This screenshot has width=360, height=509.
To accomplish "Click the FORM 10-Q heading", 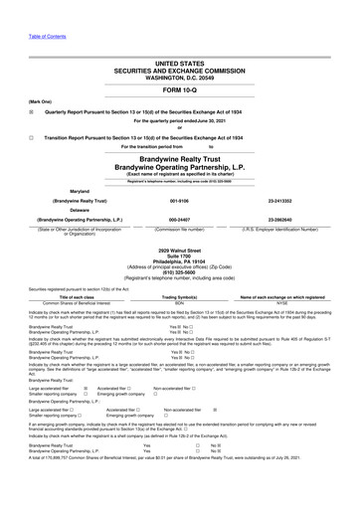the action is click(x=179, y=89).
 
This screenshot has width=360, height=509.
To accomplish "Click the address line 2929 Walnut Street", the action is click(x=179, y=252).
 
